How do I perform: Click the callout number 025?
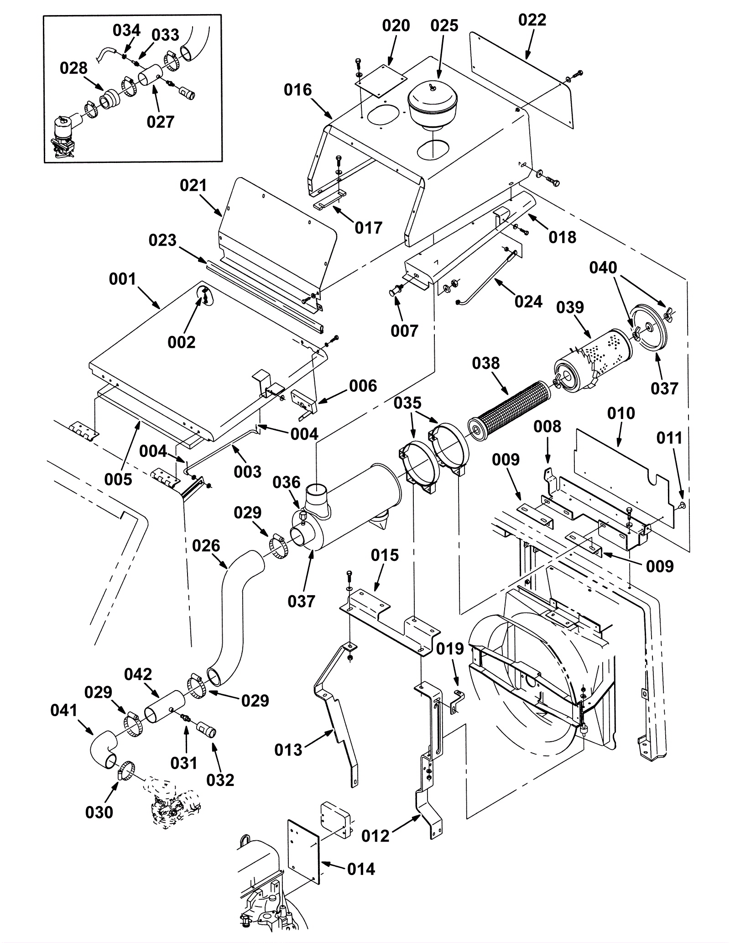coord(444,26)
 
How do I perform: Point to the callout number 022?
coord(532,21)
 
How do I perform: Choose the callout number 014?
coord(361,869)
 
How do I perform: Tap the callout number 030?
coord(99,812)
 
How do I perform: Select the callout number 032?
coord(220,780)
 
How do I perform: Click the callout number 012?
coord(375,836)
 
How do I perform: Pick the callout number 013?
coord(288,750)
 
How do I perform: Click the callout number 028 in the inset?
coord(73,68)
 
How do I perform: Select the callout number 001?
coord(122,279)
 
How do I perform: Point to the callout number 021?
coord(193,186)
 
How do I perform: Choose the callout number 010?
coord(621,413)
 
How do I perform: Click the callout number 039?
coord(570,307)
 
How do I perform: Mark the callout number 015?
coord(385,555)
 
